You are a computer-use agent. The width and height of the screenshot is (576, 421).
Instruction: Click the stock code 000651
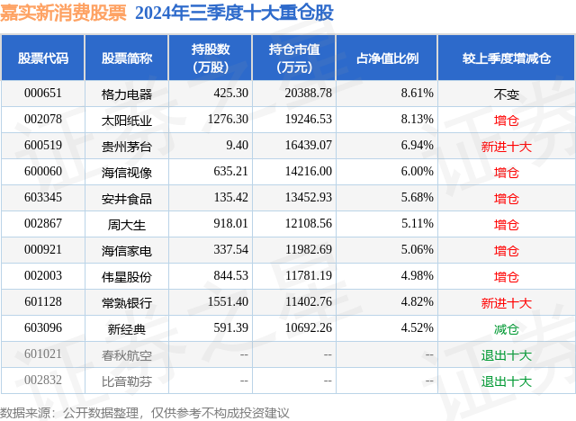tap(42, 93)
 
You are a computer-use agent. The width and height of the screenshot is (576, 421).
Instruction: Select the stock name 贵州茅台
tap(127, 146)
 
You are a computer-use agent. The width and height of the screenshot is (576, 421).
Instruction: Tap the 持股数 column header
tap(210, 58)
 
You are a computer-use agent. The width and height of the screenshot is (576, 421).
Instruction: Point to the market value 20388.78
tap(305, 93)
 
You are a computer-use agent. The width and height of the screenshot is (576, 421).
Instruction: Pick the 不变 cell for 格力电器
tap(507, 94)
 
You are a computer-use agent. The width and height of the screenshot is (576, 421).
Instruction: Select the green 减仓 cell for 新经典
tap(507, 329)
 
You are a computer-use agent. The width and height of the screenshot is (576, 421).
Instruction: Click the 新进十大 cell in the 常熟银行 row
tap(507, 303)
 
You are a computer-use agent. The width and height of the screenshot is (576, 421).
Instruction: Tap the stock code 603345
tap(42, 198)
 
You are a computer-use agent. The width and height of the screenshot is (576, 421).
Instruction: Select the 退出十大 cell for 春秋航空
tap(507, 355)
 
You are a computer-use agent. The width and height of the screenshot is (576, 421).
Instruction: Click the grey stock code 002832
tap(42, 381)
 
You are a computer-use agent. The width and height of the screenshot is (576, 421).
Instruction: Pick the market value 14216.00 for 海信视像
tap(305, 172)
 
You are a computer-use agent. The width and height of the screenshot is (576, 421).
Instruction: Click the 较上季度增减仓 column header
tap(506, 58)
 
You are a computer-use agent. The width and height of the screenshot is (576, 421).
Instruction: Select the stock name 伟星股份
tap(127, 277)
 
